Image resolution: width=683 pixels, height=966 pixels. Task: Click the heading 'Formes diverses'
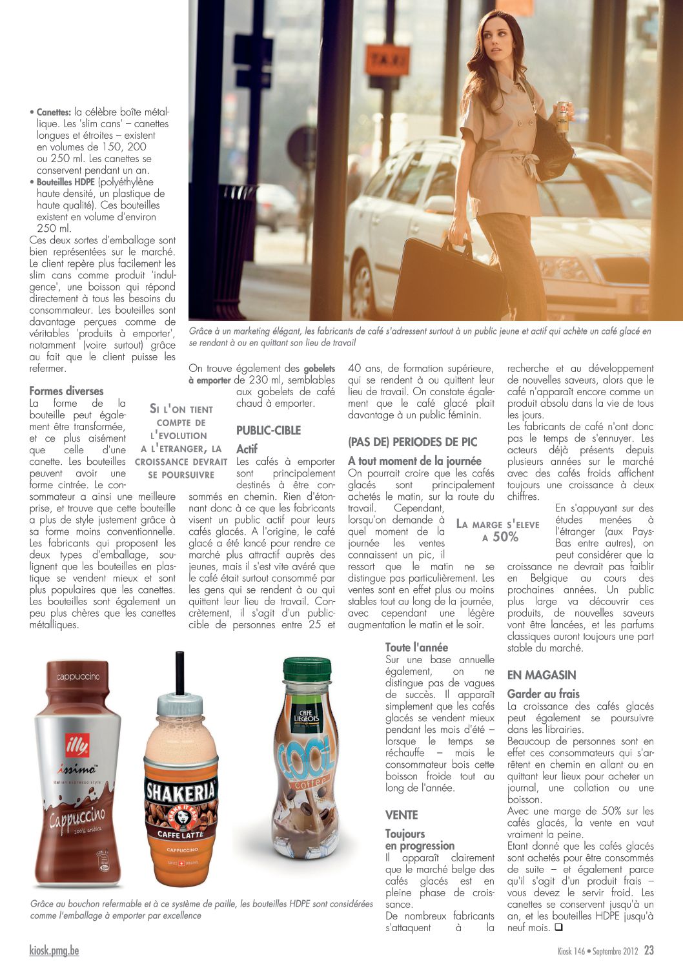pyautogui.click(x=66, y=391)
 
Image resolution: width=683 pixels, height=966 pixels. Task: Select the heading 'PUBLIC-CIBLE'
pyautogui.click(x=269, y=430)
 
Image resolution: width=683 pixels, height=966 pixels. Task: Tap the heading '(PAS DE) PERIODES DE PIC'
pyautogui.click(x=413, y=442)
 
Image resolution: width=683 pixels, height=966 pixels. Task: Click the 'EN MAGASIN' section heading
pyautogui.click(x=541, y=675)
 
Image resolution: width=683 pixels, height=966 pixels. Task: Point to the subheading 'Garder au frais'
pyautogui.click(x=543, y=694)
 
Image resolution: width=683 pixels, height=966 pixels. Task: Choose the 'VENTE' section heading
pyautogui.click(x=402, y=815)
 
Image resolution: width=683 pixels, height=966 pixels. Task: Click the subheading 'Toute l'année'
pyautogui.click(x=416, y=647)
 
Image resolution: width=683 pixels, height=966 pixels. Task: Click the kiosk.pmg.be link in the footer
pyautogui.click(x=54, y=951)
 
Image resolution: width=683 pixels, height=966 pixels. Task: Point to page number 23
pyautogui.click(x=649, y=950)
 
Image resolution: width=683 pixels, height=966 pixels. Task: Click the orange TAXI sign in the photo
pyautogui.click(x=387, y=61)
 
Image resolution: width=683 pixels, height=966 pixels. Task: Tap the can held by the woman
pyautogui.click(x=562, y=117)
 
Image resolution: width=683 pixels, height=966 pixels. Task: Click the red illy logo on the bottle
pyautogui.click(x=77, y=747)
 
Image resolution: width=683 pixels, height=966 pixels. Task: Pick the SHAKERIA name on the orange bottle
pyautogui.click(x=181, y=792)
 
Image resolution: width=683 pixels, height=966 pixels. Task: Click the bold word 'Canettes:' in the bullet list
pyautogui.click(x=54, y=112)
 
